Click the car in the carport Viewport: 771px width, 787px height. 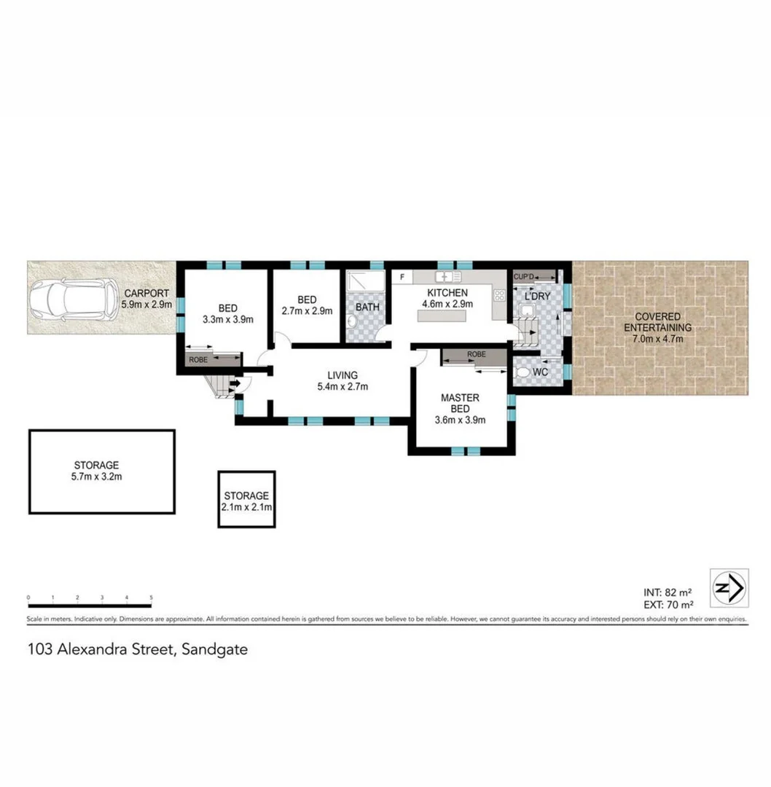click(x=73, y=300)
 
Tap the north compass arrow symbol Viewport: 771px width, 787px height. click(x=729, y=587)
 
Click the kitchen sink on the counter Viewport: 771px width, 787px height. click(x=445, y=278)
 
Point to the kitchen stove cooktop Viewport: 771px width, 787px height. click(x=500, y=295)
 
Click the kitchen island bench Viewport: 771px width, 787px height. click(x=442, y=316)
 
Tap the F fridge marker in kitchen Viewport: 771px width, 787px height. click(x=402, y=278)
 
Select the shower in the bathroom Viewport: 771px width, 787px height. click(x=359, y=282)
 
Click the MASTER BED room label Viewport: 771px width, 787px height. click(x=460, y=403)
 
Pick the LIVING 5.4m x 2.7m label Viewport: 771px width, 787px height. click(x=342, y=380)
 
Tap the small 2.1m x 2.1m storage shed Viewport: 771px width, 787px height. click(x=246, y=499)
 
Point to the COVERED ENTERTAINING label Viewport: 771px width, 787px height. click(x=657, y=322)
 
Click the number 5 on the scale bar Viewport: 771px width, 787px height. click(x=152, y=598)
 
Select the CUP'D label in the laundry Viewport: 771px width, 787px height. click(x=524, y=277)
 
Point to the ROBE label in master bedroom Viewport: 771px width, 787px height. click(x=476, y=354)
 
